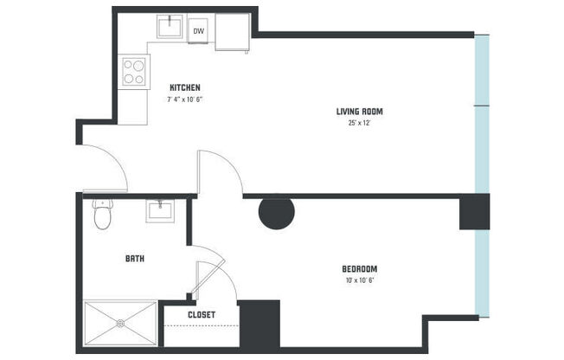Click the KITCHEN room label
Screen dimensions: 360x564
click(x=185, y=87)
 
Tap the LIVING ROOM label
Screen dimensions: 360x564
click(x=359, y=111)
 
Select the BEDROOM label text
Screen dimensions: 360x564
click(x=359, y=268)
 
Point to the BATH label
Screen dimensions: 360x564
click(x=134, y=258)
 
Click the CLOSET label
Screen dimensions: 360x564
click(x=201, y=315)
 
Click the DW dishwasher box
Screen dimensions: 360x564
click(x=198, y=32)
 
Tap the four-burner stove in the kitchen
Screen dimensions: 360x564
click(x=134, y=70)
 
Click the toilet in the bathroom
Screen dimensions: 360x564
click(x=103, y=214)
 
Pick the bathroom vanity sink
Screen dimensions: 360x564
click(x=160, y=210)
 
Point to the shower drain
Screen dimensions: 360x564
click(x=120, y=323)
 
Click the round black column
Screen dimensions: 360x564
click(x=277, y=213)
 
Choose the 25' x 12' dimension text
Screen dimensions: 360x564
click(x=359, y=123)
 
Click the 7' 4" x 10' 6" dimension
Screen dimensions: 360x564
click(x=184, y=100)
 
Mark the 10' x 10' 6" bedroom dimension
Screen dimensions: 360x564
click(x=359, y=280)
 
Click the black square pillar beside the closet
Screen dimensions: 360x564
click(x=259, y=324)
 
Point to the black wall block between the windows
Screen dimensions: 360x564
click(x=474, y=212)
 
